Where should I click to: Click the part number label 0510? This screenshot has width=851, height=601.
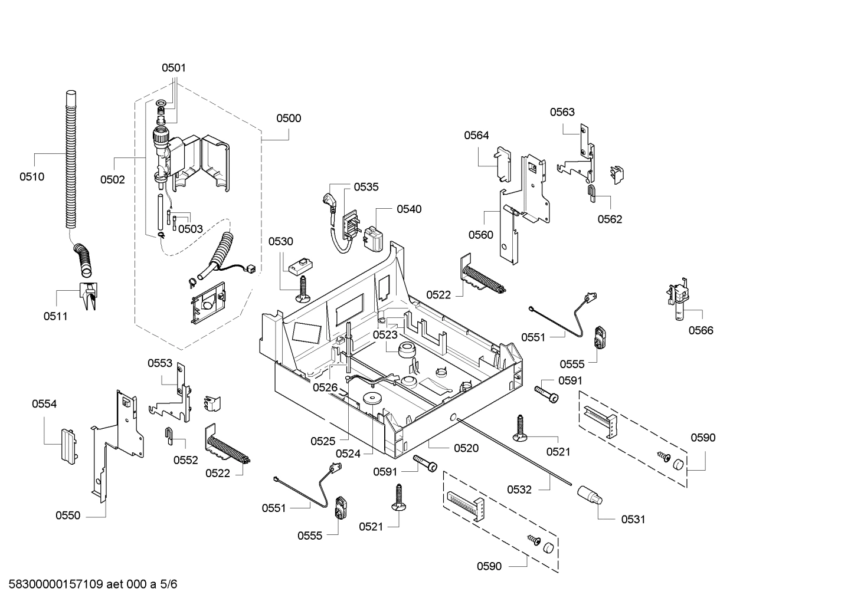(32, 176)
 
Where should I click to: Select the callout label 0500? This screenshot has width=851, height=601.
(289, 118)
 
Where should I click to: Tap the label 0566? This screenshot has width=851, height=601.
(701, 330)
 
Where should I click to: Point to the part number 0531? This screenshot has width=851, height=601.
(633, 519)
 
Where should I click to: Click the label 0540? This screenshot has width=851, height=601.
(409, 209)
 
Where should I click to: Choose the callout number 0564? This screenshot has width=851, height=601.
(476, 135)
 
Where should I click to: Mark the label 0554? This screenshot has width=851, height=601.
(44, 404)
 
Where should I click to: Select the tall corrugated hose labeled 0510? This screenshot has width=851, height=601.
(70, 159)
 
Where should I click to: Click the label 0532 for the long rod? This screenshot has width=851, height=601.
(519, 489)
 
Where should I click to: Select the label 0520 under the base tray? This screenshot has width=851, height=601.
(466, 448)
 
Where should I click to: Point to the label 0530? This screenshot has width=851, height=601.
(281, 241)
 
